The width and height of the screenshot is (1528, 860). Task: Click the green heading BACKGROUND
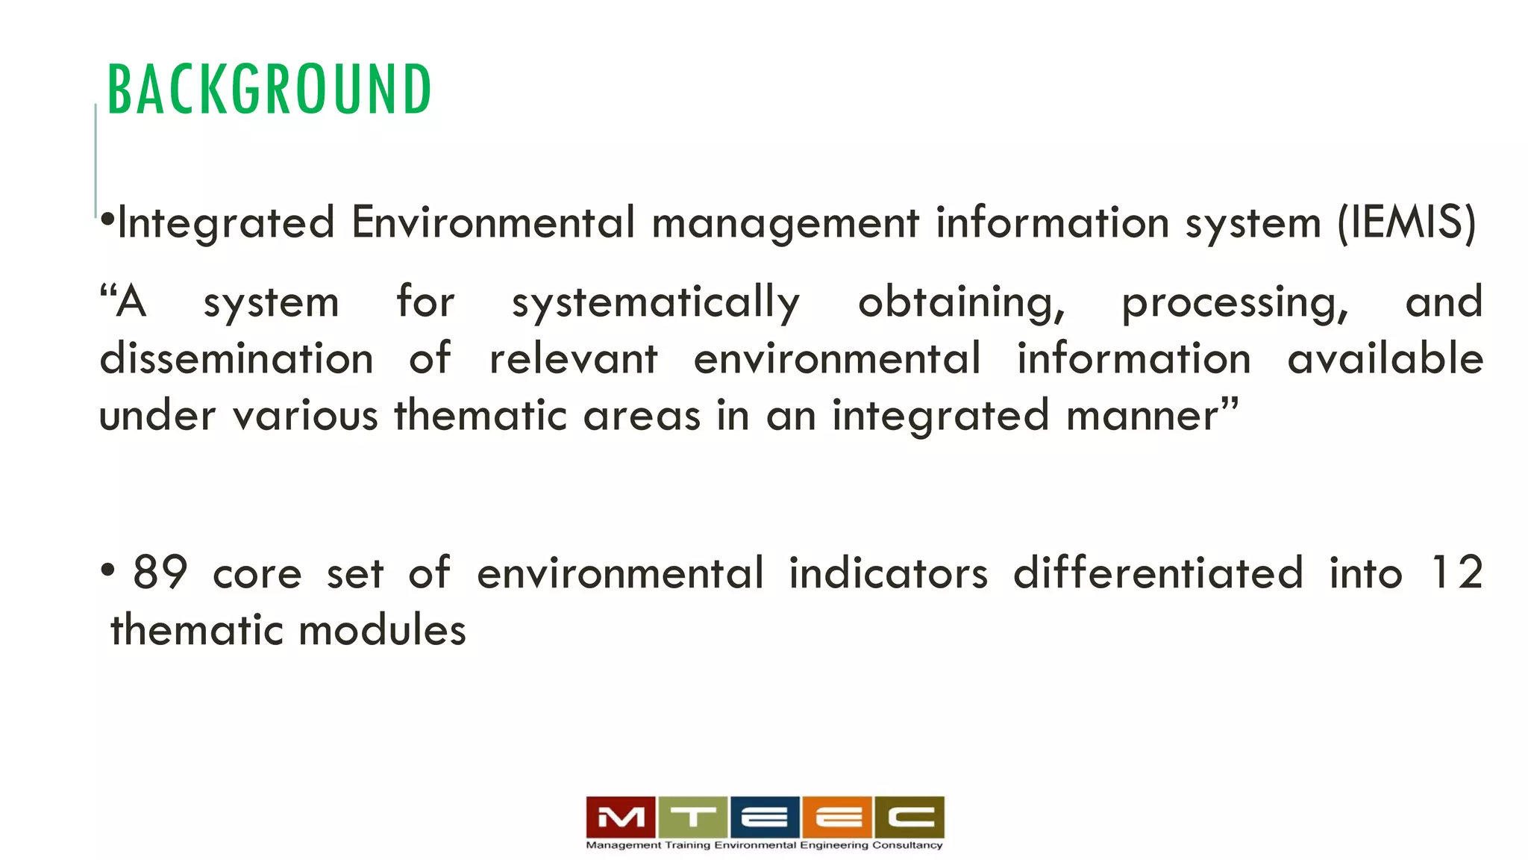[x=269, y=90]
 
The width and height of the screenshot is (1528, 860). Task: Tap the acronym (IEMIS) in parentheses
[x=1406, y=223]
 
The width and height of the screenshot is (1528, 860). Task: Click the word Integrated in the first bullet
[x=226, y=223]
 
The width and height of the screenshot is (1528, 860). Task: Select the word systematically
[x=655, y=303]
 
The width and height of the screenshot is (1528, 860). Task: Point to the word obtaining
[x=961, y=303]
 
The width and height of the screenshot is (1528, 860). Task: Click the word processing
[x=1235, y=303]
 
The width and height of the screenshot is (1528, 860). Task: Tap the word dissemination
[x=237, y=359]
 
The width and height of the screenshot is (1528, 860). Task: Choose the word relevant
[x=573, y=359]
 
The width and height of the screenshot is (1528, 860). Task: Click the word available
[x=1385, y=359]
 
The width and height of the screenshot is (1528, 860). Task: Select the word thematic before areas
[x=480, y=416]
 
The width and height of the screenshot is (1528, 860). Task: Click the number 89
[x=160, y=573]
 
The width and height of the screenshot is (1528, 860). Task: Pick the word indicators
[x=888, y=573]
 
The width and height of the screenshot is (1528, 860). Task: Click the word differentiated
[x=1157, y=573]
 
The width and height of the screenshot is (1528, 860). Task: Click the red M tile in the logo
[x=621, y=817]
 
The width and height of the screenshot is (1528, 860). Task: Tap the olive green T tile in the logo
[x=692, y=817]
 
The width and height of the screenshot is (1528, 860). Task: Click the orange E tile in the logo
[x=837, y=817]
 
